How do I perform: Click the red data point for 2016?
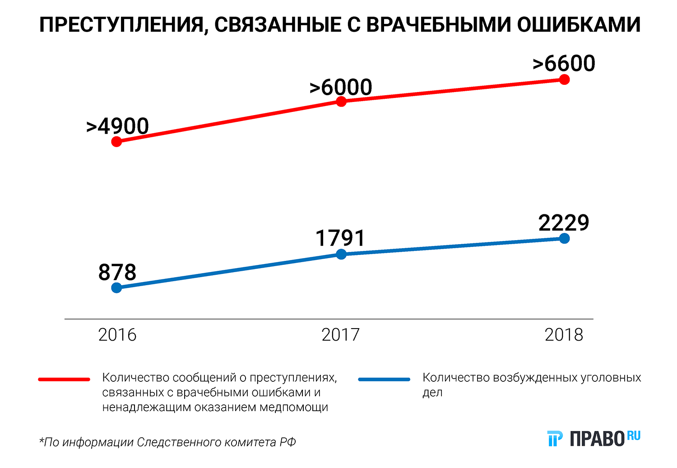(x=116, y=142)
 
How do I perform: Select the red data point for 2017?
(x=341, y=102)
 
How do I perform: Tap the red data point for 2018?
(x=564, y=80)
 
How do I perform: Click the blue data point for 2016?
(x=116, y=288)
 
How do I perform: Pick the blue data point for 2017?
(x=341, y=255)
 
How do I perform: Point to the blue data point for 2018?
(x=564, y=238)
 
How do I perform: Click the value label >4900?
(x=117, y=126)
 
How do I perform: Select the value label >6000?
(x=341, y=87)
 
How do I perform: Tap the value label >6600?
(x=564, y=64)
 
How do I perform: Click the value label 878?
(x=117, y=273)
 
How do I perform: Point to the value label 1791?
(x=340, y=238)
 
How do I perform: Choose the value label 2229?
(x=564, y=223)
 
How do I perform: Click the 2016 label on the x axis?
(x=117, y=335)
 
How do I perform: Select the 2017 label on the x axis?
(x=340, y=335)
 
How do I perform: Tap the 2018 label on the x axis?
(x=564, y=335)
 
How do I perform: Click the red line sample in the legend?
(x=64, y=380)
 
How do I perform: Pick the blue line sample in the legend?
(x=384, y=380)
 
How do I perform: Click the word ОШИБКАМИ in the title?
(x=579, y=25)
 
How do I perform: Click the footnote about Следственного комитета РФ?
(x=167, y=442)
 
